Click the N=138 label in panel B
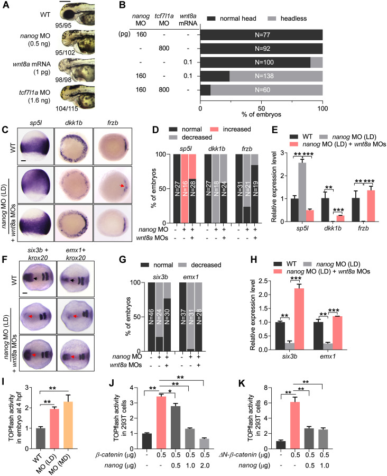coord(264,76)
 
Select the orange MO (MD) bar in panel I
coord(68,425)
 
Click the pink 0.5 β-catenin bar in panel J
coord(161,422)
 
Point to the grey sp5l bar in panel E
coord(302,192)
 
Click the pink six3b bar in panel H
coord(299,319)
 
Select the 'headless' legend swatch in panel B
coord(272,19)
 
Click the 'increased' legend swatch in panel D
coord(214,130)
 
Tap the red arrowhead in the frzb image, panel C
coord(122,186)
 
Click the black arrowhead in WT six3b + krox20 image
coord(35,278)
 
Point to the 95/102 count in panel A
coord(65,52)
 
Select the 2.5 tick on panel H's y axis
coord(263,281)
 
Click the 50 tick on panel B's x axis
coord(261,108)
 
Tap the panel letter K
coord(242,383)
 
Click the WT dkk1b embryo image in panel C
coord(73,147)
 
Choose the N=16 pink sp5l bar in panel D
coord(184,188)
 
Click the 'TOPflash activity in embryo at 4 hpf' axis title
coord(15,418)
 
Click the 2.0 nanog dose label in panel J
coord(205,465)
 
